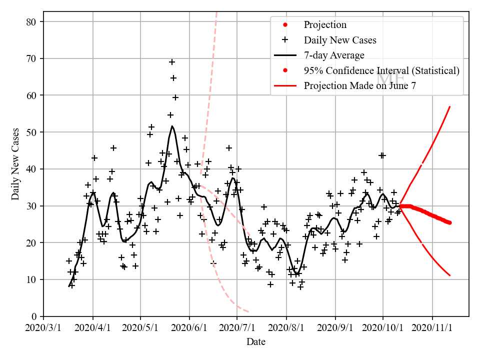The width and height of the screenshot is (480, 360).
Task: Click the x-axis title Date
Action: point(256,342)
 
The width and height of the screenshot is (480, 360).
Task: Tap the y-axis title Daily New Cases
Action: point(15,164)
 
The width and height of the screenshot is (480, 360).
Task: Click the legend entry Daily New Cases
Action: point(340,40)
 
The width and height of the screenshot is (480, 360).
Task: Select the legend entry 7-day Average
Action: point(334,55)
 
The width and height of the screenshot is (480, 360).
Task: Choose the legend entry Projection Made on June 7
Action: point(359,85)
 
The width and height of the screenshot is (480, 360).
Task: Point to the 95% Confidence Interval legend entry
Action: point(381,70)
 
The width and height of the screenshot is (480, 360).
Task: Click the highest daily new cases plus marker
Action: point(172,62)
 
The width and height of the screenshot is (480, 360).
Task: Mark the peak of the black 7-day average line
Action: point(172,126)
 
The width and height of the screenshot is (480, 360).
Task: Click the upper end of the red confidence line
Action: point(450,106)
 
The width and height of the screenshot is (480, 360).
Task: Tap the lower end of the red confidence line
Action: point(450,275)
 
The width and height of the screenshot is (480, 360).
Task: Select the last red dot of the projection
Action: point(449,222)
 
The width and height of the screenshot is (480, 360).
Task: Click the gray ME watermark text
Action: point(390,78)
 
